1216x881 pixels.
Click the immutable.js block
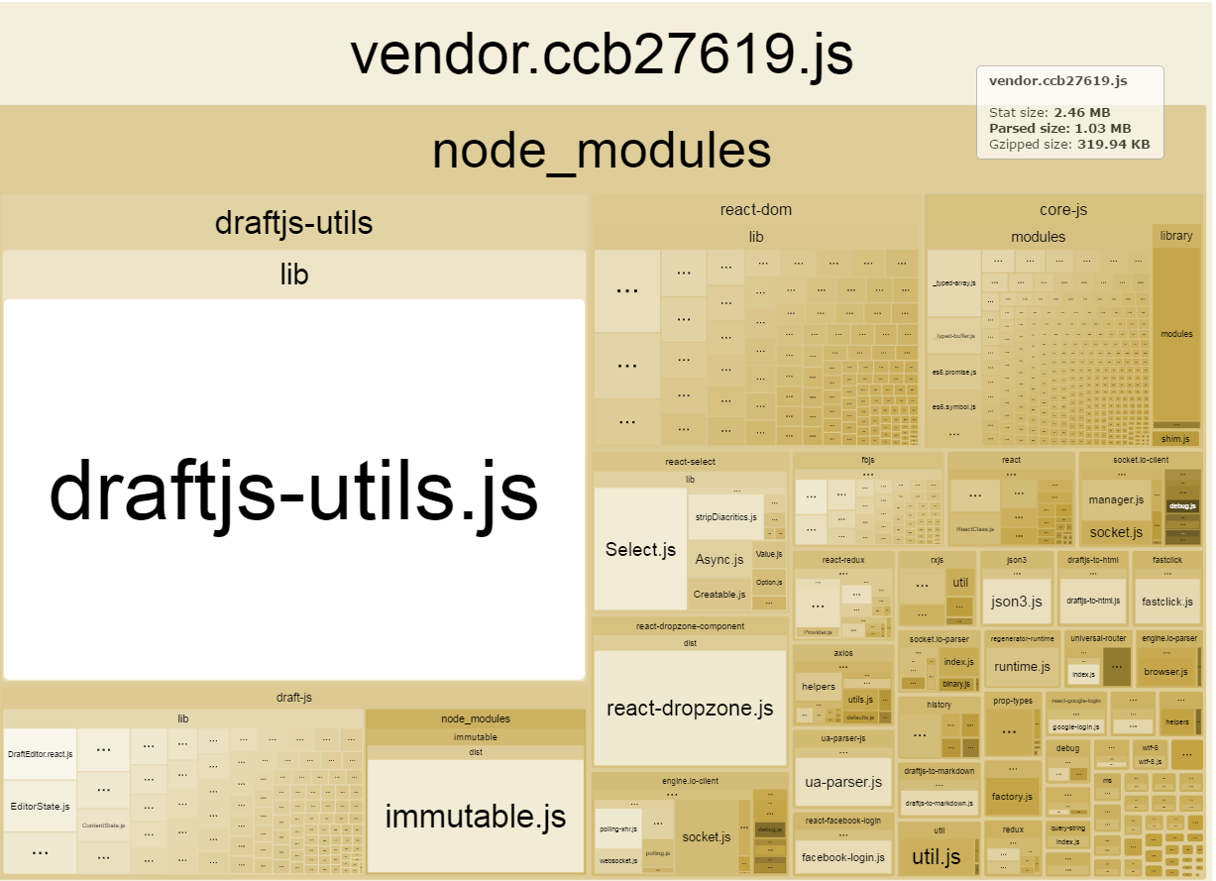click(475, 816)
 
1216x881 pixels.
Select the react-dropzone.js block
click(689, 708)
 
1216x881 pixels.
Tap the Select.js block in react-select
click(640, 549)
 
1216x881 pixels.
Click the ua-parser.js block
click(842, 782)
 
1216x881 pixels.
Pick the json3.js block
click(1017, 602)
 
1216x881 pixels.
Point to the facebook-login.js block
click(842, 857)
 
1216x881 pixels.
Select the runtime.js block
click(1022, 667)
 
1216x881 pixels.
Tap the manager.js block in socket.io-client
click(1116, 499)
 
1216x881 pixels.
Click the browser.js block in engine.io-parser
click(1165, 671)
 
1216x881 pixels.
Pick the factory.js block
click(1012, 797)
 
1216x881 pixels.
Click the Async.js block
click(719, 560)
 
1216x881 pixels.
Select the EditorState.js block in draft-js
click(40, 807)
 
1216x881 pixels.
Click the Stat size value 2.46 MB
click(1081, 113)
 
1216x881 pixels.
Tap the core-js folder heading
click(1063, 209)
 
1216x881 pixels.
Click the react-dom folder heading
click(755, 209)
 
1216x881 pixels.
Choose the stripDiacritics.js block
click(725, 517)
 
